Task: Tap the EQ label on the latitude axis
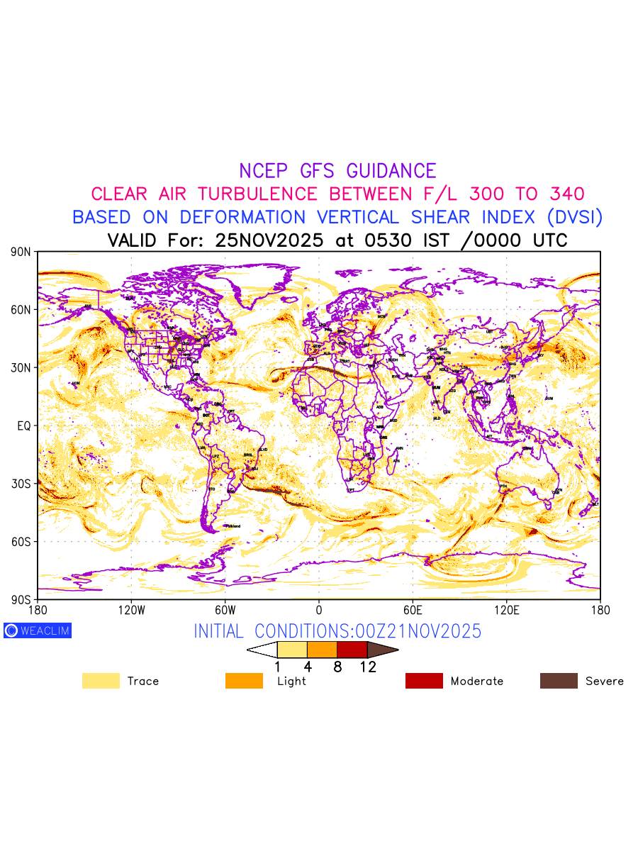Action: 24,425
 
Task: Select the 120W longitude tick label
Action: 131,610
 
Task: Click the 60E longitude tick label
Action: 413,610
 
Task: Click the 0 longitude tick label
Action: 319,610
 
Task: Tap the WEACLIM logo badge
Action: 38,630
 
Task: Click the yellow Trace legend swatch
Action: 101,681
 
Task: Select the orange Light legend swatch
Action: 244,681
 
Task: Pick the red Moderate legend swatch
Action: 424,681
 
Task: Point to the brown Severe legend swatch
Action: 559,681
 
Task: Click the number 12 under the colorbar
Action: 367,667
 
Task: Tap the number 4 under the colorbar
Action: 308,667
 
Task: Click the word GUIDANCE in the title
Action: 391,171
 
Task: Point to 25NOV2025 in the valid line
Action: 269,240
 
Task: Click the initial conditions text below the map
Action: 337,630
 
